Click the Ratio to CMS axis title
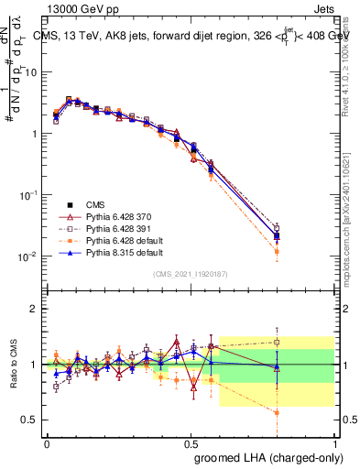pyautogui.click(x=15, y=364)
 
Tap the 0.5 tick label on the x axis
pyautogui.click(x=191, y=442)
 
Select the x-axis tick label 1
pyautogui.click(x=336, y=442)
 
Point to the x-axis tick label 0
pyautogui.click(x=47, y=442)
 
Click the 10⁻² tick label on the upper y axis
pyautogui.click(x=28, y=256)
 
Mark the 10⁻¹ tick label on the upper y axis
pyautogui.click(x=28, y=195)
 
